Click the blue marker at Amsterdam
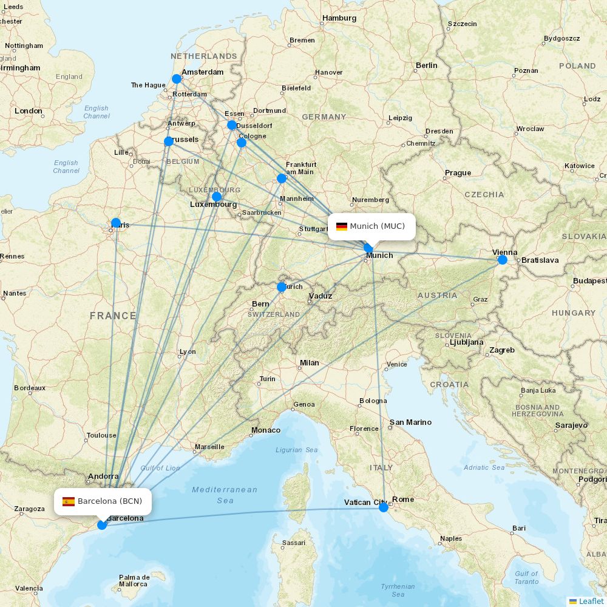coord(177,79)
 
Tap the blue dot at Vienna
coord(502,260)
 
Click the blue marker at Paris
coord(116,223)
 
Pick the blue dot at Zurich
coord(282,287)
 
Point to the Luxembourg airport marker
coord(217,197)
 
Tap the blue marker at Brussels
coord(169,141)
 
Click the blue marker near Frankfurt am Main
coord(282,178)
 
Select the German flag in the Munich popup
coord(342,226)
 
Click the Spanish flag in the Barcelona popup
coord(69,501)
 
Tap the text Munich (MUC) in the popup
coord(377,226)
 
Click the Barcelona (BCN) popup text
coord(110,501)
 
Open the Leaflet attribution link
coord(591,601)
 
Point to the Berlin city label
coord(426,66)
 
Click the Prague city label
coord(458,173)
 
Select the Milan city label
coord(309,363)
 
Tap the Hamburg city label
coord(339,18)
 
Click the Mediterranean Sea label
coord(225,495)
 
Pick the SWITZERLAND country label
coord(273,314)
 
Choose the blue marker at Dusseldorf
coord(232,125)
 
